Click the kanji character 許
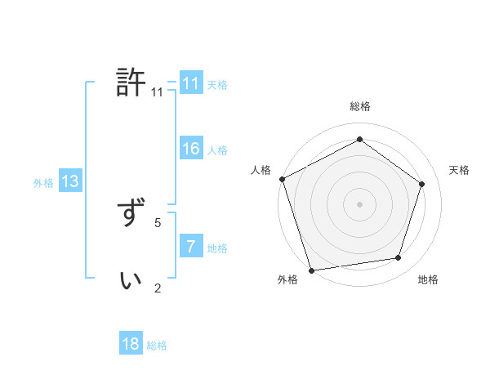click(131, 83)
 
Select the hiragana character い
click(131, 280)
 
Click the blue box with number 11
click(191, 83)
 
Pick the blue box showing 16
click(191, 149)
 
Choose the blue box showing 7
click(191, 247)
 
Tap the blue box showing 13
click(70, 181)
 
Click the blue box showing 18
click(131, 344)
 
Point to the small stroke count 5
click(158, 221)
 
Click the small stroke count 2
click(158, 287)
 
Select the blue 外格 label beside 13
click(43, 183)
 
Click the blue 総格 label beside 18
click(157, 346)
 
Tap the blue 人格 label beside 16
click(217, 150)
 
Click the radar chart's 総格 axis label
click(359, 106)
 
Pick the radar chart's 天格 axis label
click(459, 170)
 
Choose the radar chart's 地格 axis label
click(428, 279)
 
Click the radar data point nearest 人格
click(282, 179)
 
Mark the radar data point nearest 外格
click(312, 270)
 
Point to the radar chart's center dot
click(359, 203)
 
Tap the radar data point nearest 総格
click(359, 140)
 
